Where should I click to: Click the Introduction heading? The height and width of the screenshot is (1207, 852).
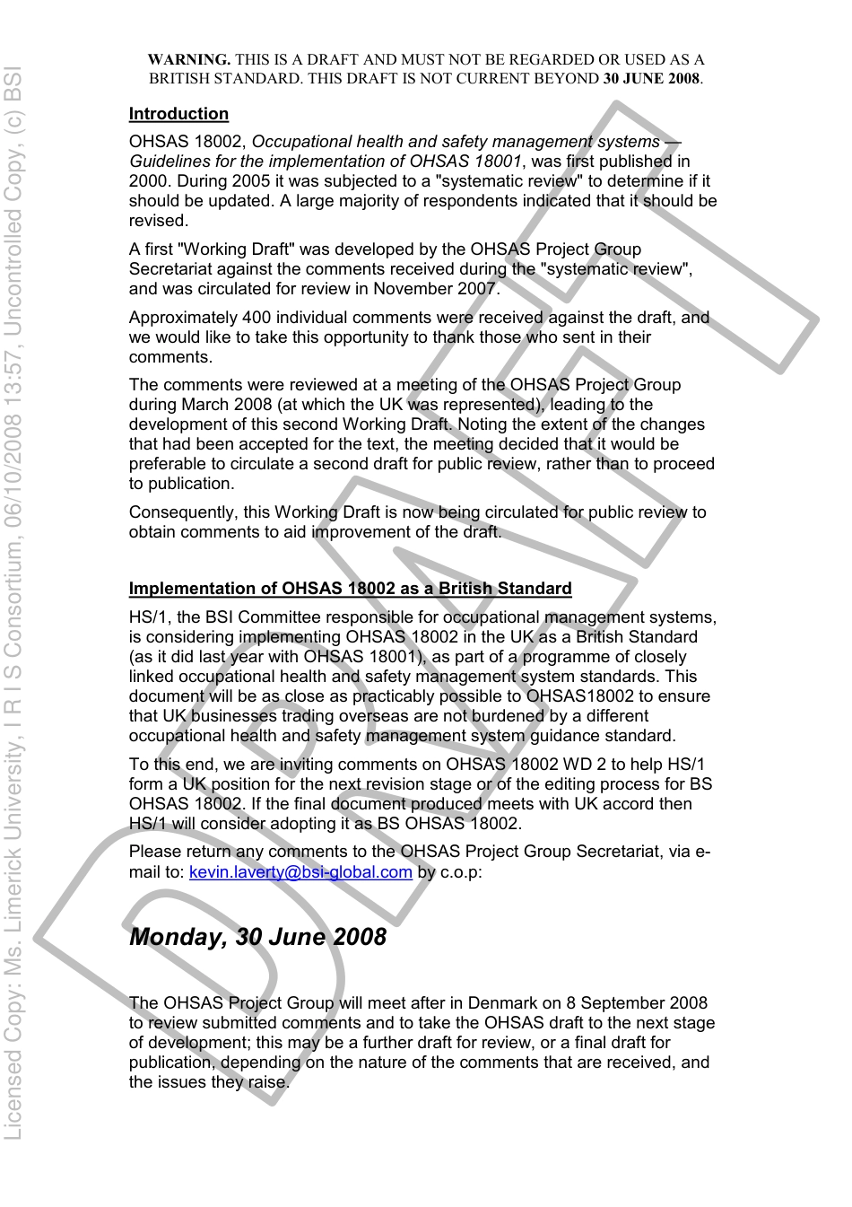click(178, 114)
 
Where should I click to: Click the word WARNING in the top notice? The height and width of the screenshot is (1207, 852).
click(189, 60)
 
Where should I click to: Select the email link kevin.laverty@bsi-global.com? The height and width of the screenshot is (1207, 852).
click(300, 871)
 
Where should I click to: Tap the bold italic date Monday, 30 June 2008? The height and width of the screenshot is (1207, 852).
click(258, 937)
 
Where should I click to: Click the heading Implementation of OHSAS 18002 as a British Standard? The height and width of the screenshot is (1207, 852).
click(350, 589)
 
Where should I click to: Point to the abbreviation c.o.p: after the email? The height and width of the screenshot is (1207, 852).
click(461, 871)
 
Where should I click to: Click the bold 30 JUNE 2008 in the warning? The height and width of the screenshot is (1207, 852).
click(651, 78)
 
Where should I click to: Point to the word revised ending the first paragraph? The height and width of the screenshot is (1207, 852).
click(157, 221)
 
